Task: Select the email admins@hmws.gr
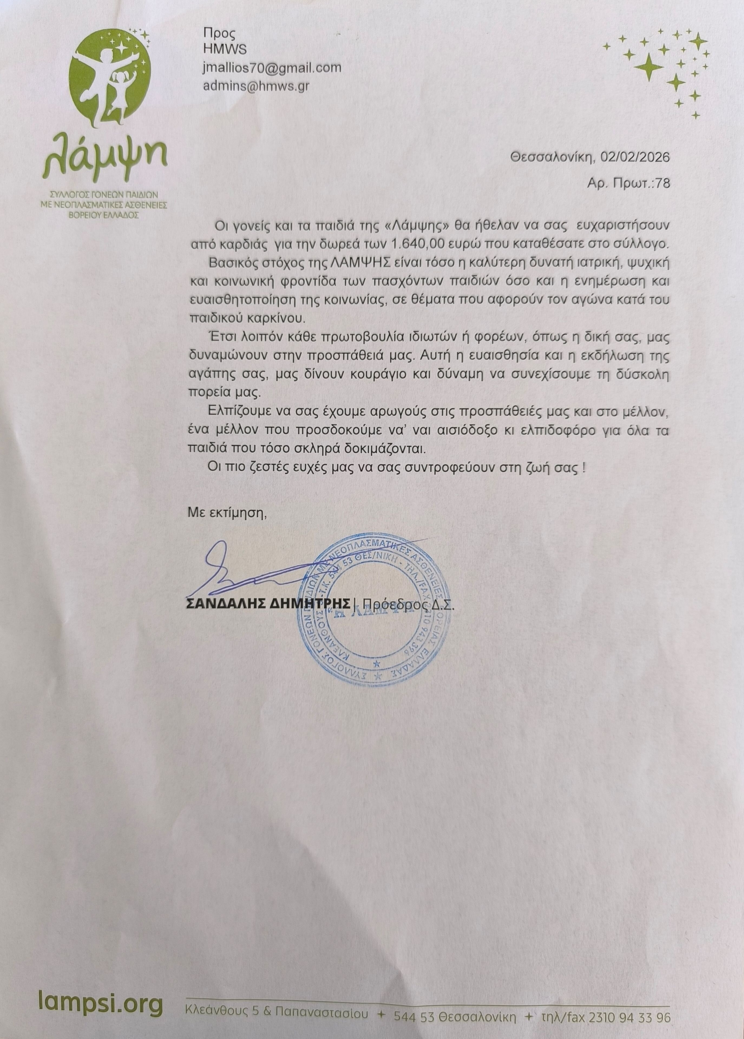click(x=256, y=86)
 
